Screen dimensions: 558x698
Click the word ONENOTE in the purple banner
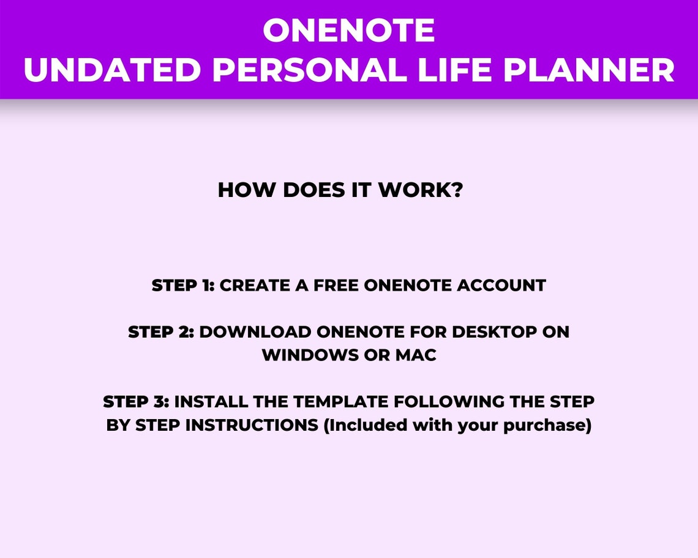coord(349,31)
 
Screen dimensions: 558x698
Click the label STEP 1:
coord(183,286)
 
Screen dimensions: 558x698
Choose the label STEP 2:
coord(161,332)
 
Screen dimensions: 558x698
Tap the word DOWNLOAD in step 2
coord(255,332)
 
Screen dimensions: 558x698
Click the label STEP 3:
coord(137,402)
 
